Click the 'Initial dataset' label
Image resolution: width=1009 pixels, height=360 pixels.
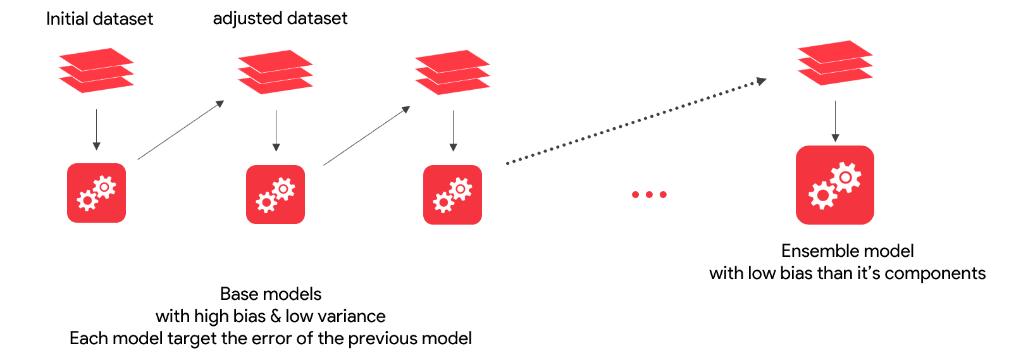[99, 19]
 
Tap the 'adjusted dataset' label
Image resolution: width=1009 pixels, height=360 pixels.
[280, 18]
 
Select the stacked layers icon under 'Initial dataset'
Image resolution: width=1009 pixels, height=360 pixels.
[96, 70]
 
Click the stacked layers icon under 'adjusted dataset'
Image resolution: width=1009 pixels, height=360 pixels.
[275, 72]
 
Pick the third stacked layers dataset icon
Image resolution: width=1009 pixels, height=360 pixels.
[452, 72]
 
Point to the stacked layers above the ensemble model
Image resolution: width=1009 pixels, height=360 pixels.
[834, 63]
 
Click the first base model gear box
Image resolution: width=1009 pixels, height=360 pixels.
[96, 193]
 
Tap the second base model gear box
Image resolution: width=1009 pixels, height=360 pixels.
[275, 194]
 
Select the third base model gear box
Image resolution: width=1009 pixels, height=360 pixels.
[452, 195]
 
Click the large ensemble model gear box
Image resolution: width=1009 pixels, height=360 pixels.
[834, 185]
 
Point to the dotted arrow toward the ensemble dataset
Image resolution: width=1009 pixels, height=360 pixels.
[636, 121]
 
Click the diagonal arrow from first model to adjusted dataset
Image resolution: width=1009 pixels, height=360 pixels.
[181, 130]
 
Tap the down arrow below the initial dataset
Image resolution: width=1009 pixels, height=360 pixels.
[96, 129]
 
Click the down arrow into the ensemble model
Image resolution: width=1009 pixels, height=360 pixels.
[835, 121]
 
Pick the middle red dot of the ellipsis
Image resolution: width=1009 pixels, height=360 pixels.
[649, 194]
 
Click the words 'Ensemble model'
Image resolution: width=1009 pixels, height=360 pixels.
[847, 251]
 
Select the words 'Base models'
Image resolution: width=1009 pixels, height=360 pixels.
[270, 294]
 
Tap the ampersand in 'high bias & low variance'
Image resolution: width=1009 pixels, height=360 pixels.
[275, 316]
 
